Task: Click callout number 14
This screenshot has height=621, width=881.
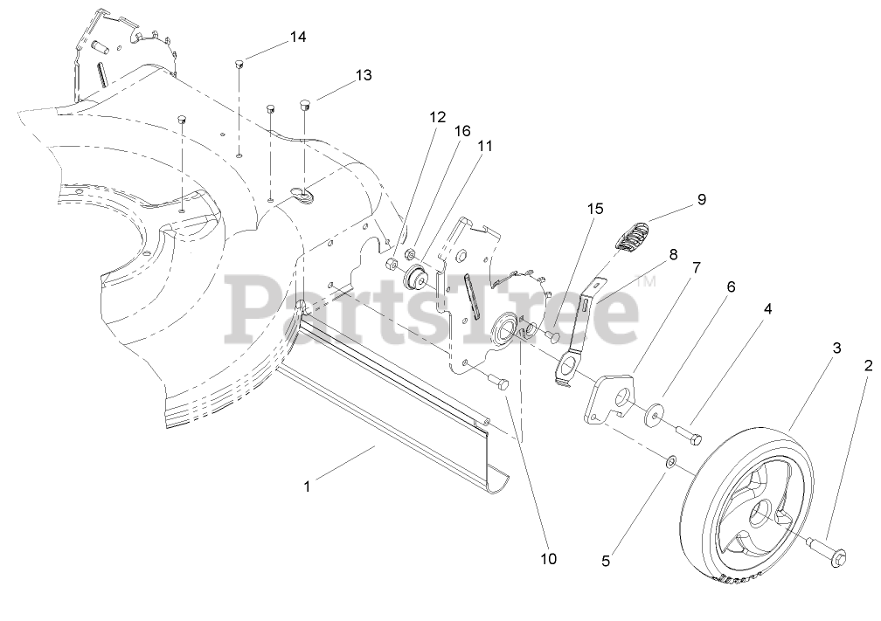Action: [x=298, y=38]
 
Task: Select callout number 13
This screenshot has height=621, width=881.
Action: [x=363, y=76]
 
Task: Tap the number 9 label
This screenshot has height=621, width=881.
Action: [x=701, y=200]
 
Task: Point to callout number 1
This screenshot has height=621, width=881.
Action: [x=307, y=486]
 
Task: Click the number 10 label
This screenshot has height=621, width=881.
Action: [x=548, y=558]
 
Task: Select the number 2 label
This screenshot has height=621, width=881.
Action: [x=868, y=366]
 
